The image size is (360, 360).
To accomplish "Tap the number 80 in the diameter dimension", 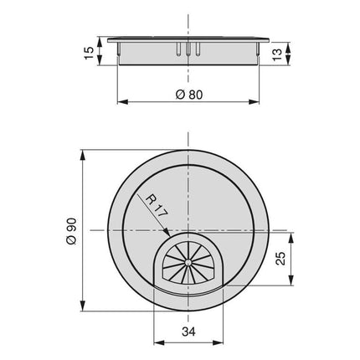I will pos(194,94).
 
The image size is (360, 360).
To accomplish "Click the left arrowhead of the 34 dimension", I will pos(158,342).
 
